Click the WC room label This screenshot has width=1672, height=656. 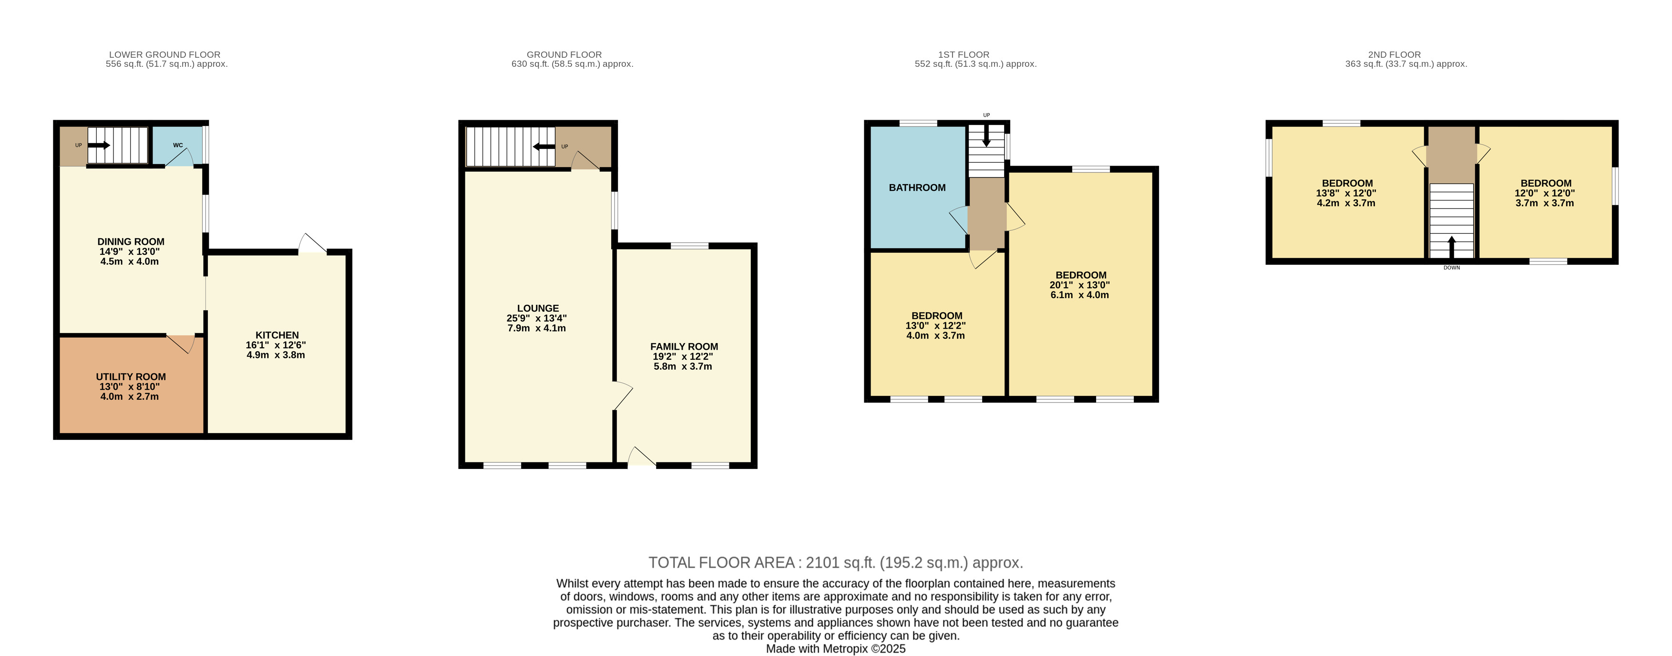tap(178, 146)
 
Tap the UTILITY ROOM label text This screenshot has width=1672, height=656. tap(131, 377)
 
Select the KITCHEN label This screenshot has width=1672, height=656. tap(277, 335)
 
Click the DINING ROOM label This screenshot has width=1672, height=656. tap(131, 241)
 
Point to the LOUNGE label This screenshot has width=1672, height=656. tap(538, 309)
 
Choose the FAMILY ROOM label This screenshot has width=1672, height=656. tap(684, 347)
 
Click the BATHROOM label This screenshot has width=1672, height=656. tap(917, 187)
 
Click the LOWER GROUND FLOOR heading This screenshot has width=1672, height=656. tap(165, 54)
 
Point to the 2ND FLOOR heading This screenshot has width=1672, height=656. tap(1394, 54)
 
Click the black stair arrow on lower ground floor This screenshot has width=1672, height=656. tap(99, 145)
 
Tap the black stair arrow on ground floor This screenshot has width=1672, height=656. tap(544, 147)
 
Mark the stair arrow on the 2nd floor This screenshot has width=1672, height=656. tap(1451, 248)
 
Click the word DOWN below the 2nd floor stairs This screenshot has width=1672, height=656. tap(1452, 268)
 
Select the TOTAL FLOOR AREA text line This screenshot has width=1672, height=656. tap(836, 562)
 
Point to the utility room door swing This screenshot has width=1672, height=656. tap(182, 344)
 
